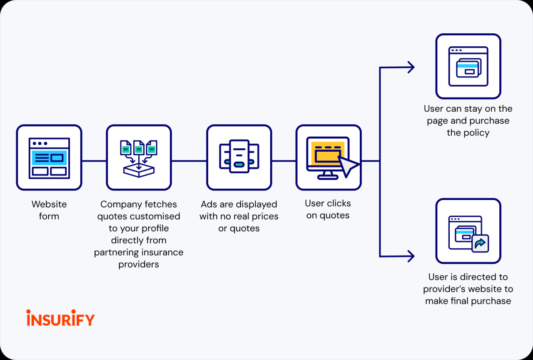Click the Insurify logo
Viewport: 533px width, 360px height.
pos(60,318)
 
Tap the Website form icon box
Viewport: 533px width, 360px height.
pos(49,157)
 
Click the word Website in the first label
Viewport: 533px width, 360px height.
pos(49,204)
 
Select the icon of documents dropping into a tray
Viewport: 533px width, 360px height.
pos(139,157)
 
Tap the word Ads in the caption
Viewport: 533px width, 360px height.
pos(209,204)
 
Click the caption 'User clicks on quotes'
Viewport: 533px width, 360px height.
pos(328,209)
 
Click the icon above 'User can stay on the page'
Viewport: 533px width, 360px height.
pos(468,66)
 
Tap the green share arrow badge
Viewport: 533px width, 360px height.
pos(480,243)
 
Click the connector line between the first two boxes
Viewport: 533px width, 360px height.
pos(94,161)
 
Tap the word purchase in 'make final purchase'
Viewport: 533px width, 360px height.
pos(491,301)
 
